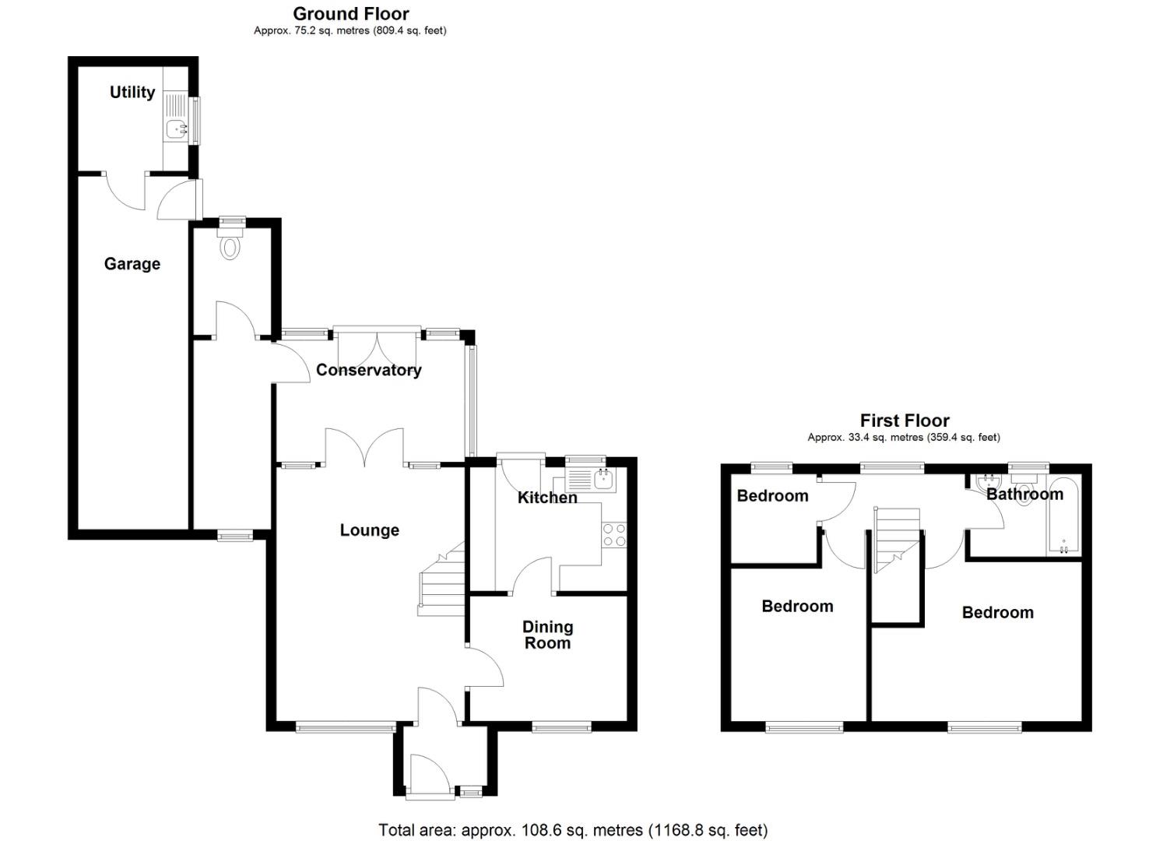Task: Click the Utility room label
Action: coord(132,92)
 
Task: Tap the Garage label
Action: coord(132,264)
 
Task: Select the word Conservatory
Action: coord(368,370)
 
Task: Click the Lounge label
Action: coord(369,530)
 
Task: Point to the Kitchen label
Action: coord(547,498)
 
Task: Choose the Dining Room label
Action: coord(547,635)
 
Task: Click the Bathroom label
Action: coord(1024,494)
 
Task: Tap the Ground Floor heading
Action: coord(350,13)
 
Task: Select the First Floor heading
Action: coord(904,421)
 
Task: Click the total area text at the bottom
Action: coord(572,830)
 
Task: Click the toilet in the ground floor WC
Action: coord(230,246)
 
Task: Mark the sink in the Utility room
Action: coord(175,127)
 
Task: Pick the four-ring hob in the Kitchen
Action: coord(614,535)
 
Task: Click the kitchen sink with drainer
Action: coord(591,479)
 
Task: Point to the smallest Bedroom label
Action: coord(772,496)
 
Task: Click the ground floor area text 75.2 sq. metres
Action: coord(350,31)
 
